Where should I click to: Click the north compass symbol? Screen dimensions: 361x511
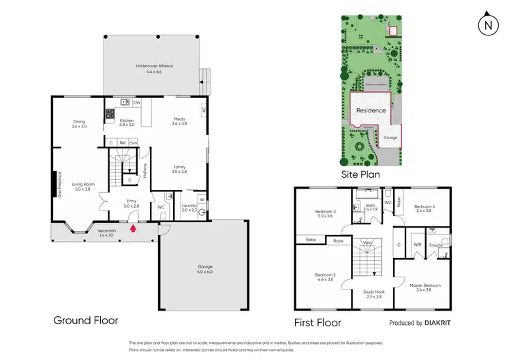pos(487,26)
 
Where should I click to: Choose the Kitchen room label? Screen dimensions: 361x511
pos(127,123)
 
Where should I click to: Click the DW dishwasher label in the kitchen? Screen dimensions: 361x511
pos(136,103)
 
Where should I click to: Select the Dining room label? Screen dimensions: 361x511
pos(79,123)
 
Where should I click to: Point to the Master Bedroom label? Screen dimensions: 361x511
pos(424,287)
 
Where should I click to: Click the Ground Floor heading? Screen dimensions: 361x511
pos(86,320)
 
